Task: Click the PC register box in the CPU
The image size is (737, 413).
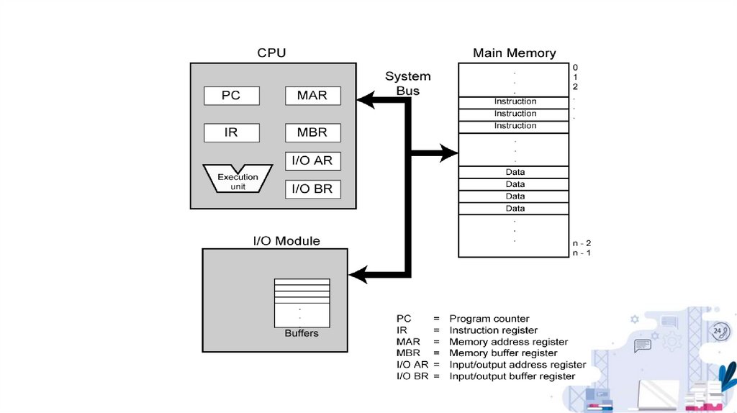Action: click(x=231, y=95)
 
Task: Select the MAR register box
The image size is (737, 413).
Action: click(x=312, y=95)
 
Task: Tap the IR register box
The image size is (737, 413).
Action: click(x=231, y=132)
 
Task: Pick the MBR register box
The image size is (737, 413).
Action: click(x=312, y=132)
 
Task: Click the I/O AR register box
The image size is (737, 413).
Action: click(x=313, y=160)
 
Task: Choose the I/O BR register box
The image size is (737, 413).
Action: click(x=313, y=189)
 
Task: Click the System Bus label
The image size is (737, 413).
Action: click(x=408, y=83)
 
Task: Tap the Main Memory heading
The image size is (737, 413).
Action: click(x=514, y=53)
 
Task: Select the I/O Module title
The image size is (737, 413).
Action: click(x=286, y=240)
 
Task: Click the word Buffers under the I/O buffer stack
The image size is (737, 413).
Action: click(x=302, y=333)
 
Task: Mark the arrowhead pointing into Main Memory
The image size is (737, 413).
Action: click(x=451, y=153)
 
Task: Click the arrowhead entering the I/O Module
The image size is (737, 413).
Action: click(x=357, y=274)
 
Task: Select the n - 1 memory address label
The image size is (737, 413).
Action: click(x=582, y=253)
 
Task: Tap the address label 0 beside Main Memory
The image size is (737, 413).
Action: click(x=575, y=68)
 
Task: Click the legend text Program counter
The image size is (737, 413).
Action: click(x=489, y=319)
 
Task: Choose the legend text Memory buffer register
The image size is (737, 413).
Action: click(x=503, y=353)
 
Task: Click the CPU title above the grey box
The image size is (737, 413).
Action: click(x=271, y=53)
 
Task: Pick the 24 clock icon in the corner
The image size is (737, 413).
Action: click(x=720, y=331)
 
